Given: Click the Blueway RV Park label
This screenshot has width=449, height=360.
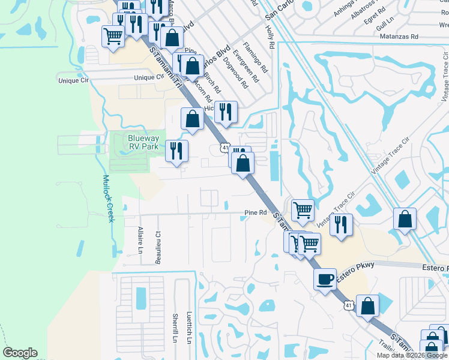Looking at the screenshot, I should (143, 142).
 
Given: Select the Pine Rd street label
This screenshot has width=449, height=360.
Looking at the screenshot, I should (255, 212).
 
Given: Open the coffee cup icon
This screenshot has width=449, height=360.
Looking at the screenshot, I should (325, 279).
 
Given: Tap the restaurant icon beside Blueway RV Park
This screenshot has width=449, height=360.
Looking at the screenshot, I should (176, 151).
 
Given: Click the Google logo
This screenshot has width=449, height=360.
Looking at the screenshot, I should (20, 353).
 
